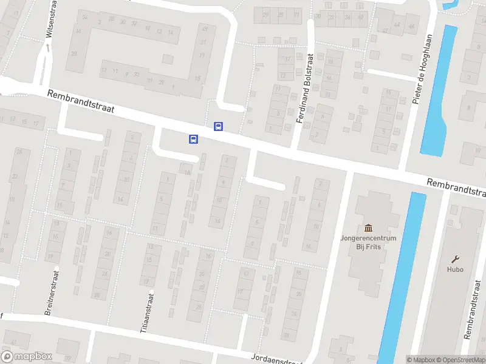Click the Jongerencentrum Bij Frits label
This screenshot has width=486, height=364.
pyautogui.click(x=368, y=242)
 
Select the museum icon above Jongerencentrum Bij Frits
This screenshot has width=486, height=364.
pyautogui.click(x=368, y=227)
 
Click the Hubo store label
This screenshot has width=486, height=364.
pyautogui.click(x=455, y=269)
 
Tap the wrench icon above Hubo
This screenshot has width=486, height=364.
pyautogui.click(x=455, y=258)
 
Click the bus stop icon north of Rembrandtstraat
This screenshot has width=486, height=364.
pyautogui.click(x=218, y=126)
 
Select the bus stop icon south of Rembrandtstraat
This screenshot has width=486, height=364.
pyautogui.click(x=193, y=139)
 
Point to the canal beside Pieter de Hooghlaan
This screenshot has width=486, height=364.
pyautogui.click(x=436, y=91)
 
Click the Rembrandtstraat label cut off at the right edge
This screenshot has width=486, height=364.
pyautogui.click(x=456, y=188)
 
